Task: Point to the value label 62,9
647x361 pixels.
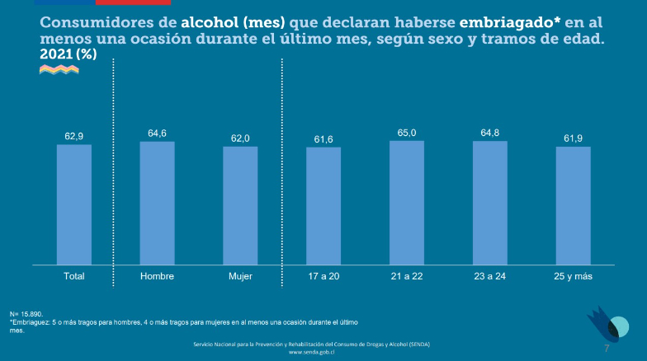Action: pos(74,136)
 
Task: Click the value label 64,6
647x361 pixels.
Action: pos(157,133)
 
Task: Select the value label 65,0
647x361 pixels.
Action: pos(407,132)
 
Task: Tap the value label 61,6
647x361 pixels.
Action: pos(323,138)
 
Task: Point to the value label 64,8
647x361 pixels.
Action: pos(490,133)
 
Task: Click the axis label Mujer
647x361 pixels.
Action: pos(240,275)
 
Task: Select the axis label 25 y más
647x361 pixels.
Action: pos(573,275)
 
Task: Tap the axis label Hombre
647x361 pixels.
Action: pos(157,275)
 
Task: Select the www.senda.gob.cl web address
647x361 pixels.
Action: pos(311,352)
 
